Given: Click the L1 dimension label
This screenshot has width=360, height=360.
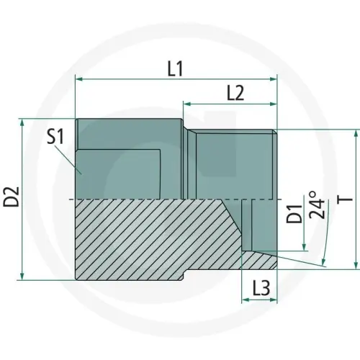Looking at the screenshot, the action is (175, 69).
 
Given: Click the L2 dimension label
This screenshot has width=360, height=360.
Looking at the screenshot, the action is (235, 93).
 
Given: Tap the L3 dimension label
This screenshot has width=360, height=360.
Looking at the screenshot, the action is (261, 288).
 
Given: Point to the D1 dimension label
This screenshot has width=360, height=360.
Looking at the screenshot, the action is (294, 214).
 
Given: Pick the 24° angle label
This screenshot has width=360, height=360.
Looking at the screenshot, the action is (316, 204).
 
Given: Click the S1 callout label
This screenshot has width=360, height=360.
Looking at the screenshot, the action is (55, 137).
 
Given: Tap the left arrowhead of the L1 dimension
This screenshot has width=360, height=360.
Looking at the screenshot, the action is (79, 79).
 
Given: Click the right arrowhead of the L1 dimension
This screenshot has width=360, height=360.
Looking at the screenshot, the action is (273, 79).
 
